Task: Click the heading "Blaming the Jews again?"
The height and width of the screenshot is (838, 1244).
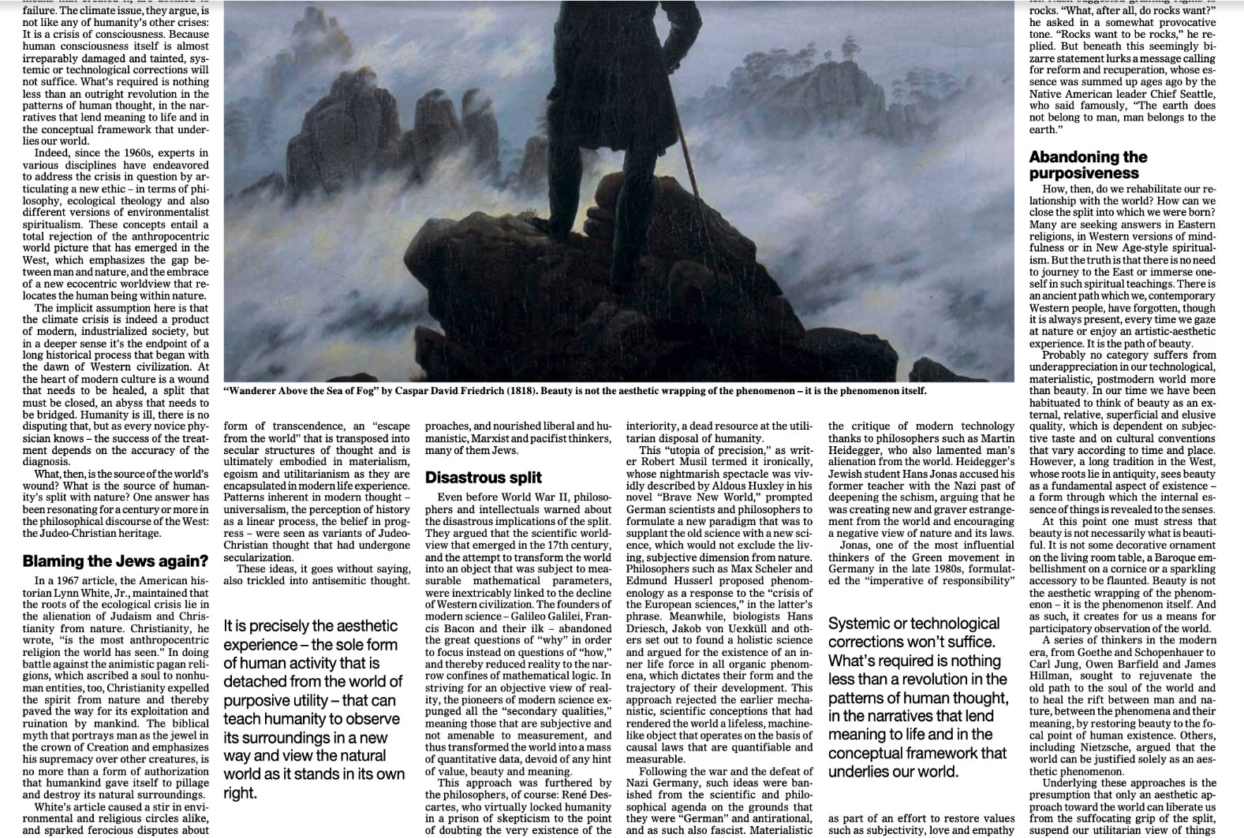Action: tap(115, 562)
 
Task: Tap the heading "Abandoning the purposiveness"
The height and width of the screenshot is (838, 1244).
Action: tap(1088, 165)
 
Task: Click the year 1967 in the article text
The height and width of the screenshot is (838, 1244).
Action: tap(66, 581)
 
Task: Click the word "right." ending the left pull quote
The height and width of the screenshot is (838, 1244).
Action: tap(241, 793)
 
